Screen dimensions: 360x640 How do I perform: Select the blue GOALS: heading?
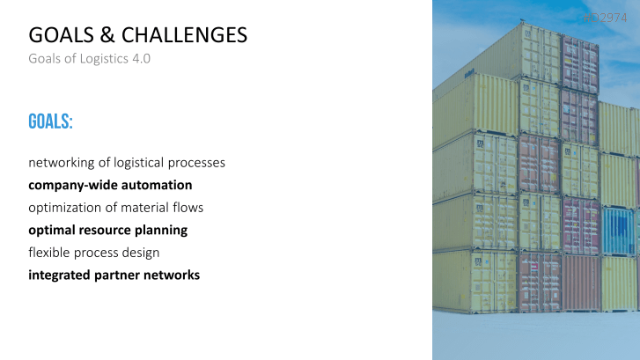(x=50, y=121)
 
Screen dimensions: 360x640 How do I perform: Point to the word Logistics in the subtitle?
(x=100, y=60)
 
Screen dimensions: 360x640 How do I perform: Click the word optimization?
(x=66, y=208)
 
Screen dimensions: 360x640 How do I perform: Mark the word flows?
(x=190, y=208)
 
